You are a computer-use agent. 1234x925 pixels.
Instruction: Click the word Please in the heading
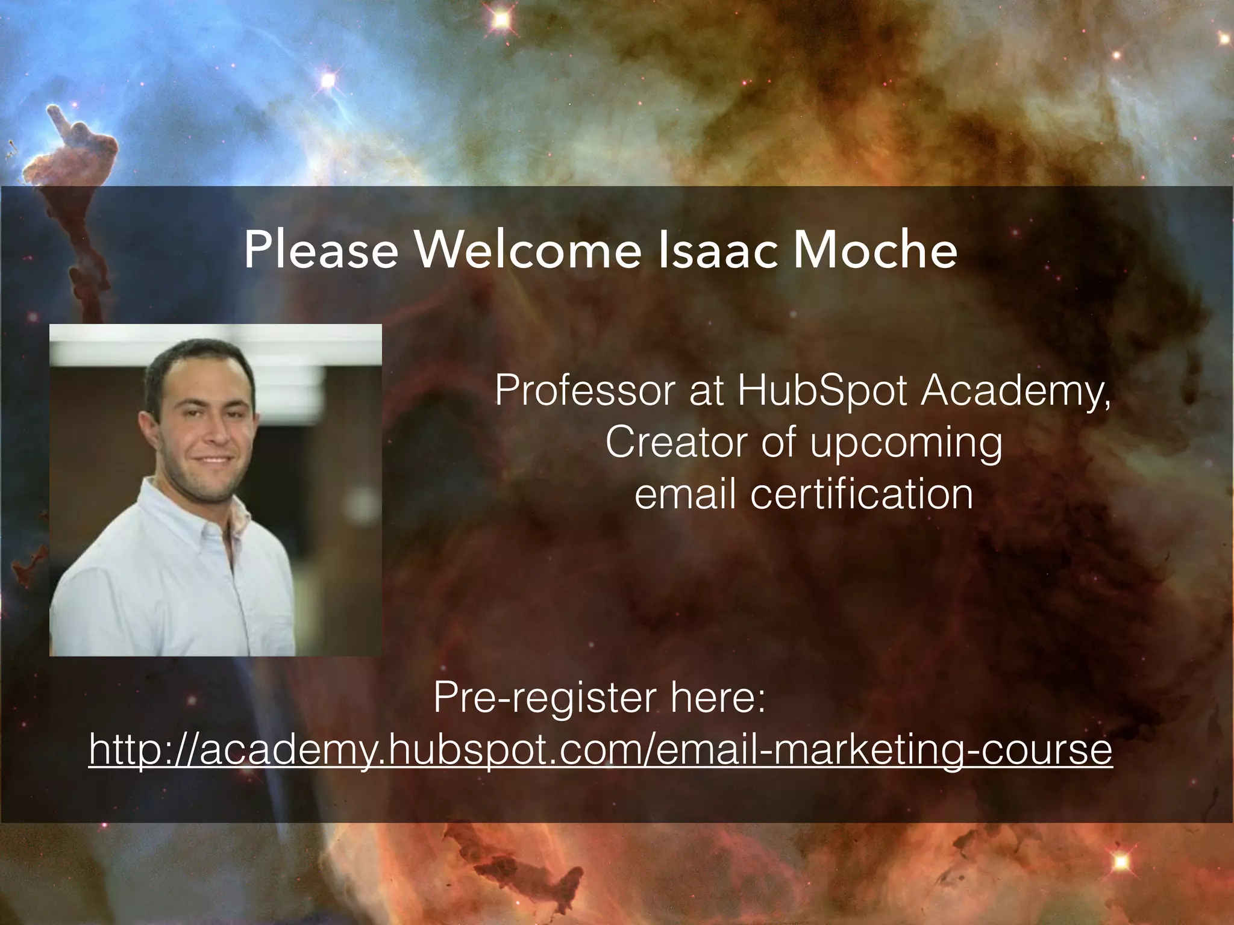click(x=321, y=250)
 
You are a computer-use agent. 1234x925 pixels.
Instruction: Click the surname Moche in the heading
click(x=874, y=250)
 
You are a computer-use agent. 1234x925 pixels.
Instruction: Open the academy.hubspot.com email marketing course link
click(x=600, y=750)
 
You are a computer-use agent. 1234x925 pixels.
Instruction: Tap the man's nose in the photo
click(x=218, y=431)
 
